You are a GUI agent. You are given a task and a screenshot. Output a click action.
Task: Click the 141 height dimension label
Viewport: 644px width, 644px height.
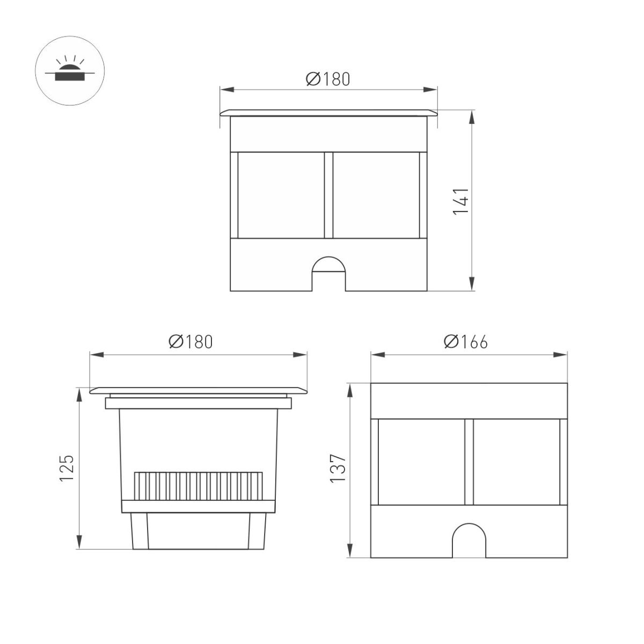(x=462, y=201)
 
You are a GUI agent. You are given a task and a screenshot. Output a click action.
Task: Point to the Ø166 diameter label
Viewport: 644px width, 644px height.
(x=466, y=342)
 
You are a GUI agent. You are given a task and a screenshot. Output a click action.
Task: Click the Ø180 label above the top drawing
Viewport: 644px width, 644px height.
(x=328, y=79)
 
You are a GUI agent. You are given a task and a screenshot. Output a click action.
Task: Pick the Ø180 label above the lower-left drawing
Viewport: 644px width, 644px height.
(x=191, y=342)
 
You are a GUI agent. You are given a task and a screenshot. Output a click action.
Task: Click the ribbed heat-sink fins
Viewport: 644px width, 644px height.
(x=199, y=485)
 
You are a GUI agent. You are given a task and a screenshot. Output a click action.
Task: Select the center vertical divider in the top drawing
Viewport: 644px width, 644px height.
(x=328, y=195)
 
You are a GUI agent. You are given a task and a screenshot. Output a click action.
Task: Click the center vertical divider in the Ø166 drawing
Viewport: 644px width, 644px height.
(x=469, y=462)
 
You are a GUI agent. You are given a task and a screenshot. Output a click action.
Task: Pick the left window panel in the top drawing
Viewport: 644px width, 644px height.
(x=281, y=195)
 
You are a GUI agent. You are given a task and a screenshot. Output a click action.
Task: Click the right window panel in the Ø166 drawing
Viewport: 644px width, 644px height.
(x=516, y=462)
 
